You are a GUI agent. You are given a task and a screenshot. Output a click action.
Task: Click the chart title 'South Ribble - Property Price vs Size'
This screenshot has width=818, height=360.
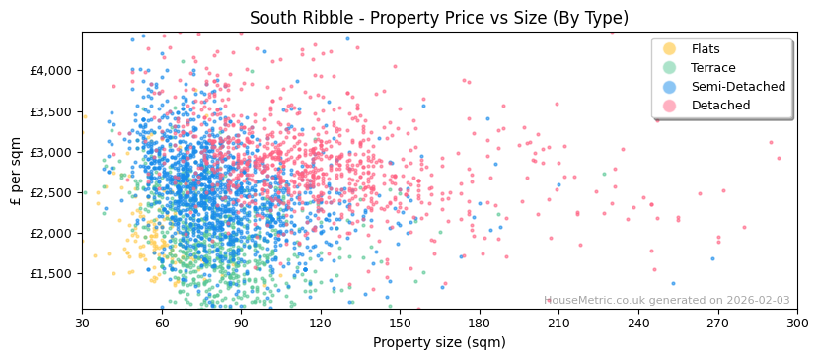click(x=438, y=18)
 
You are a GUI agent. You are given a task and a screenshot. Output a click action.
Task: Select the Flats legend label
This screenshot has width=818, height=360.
click(x=706, y=49)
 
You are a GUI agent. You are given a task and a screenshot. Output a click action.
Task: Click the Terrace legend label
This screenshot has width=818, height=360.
click(x=712, y=68)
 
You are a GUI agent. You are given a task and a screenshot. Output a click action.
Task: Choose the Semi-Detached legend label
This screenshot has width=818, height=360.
click(x=738, y=87)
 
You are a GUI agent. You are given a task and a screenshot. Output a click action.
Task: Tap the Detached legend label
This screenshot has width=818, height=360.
click(x=719, y=106)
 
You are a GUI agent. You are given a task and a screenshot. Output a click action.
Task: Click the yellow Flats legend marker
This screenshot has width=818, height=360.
click(x=670, y=49)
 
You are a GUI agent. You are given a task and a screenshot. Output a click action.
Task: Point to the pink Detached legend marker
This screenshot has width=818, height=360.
click(x=670, y=106)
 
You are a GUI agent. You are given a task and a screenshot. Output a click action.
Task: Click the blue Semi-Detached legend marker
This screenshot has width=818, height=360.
click(x=670, y=87)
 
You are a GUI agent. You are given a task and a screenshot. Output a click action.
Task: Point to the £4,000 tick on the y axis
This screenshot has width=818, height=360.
click(x=50, y=71)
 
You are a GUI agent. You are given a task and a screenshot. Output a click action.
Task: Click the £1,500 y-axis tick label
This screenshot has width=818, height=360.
click(x=50, y=274)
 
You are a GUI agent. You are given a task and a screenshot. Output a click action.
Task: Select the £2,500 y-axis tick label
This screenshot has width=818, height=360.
click(x=50, y=192)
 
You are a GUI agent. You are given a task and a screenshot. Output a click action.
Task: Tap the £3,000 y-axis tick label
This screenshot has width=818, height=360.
click(x=50, y=152)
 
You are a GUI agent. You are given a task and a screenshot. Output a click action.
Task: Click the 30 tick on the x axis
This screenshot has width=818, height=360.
click(x=82, y=324)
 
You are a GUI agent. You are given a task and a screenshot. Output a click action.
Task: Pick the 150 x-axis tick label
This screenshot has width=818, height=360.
click(x=400, y=324)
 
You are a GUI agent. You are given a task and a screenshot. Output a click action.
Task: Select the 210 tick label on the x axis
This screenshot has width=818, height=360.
click(x=558, y=324)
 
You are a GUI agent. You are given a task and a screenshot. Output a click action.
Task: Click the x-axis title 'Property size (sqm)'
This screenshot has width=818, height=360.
click(x=438, y=343)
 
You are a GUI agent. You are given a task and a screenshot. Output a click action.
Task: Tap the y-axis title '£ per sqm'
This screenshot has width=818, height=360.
click(x=16, y=171)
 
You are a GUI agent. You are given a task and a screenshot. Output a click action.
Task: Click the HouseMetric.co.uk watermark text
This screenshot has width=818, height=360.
click(x=667, y=301)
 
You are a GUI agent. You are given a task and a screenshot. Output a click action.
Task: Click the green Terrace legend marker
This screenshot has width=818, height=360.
click(x=670, y=68)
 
